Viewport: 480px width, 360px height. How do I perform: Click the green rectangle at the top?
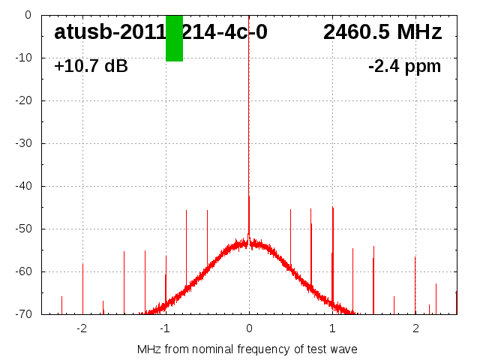174,38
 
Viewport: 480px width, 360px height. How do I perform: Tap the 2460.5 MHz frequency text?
382,32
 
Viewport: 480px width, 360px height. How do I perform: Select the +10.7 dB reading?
91,66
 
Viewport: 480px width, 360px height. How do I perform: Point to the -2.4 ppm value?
404,66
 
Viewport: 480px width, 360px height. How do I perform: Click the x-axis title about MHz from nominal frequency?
247,349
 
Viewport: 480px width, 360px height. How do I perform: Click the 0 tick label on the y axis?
27,15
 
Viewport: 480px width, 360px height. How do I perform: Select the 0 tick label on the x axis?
249,328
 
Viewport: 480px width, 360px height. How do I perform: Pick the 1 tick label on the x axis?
332,328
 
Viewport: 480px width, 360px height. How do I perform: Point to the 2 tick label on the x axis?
415,328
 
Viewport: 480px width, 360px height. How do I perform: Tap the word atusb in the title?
82,32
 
